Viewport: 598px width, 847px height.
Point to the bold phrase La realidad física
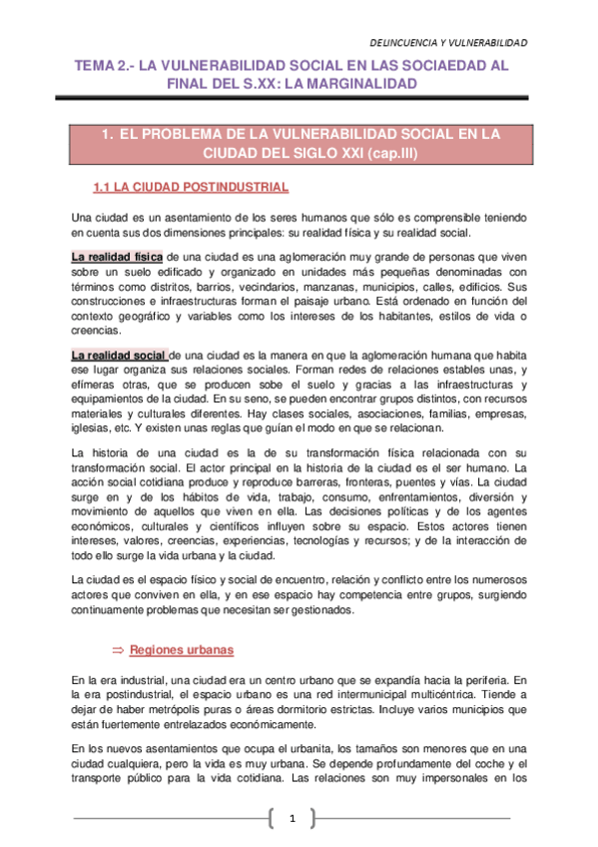pyautogui.click(x=118, y=257)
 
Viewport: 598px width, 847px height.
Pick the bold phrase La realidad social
pyautogui.click(x=118, y=355)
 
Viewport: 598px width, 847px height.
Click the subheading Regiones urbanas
pyautogui.click(x=182, y=650)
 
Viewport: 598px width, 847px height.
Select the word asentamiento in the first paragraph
pyautogui.click(x=191, y=218)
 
